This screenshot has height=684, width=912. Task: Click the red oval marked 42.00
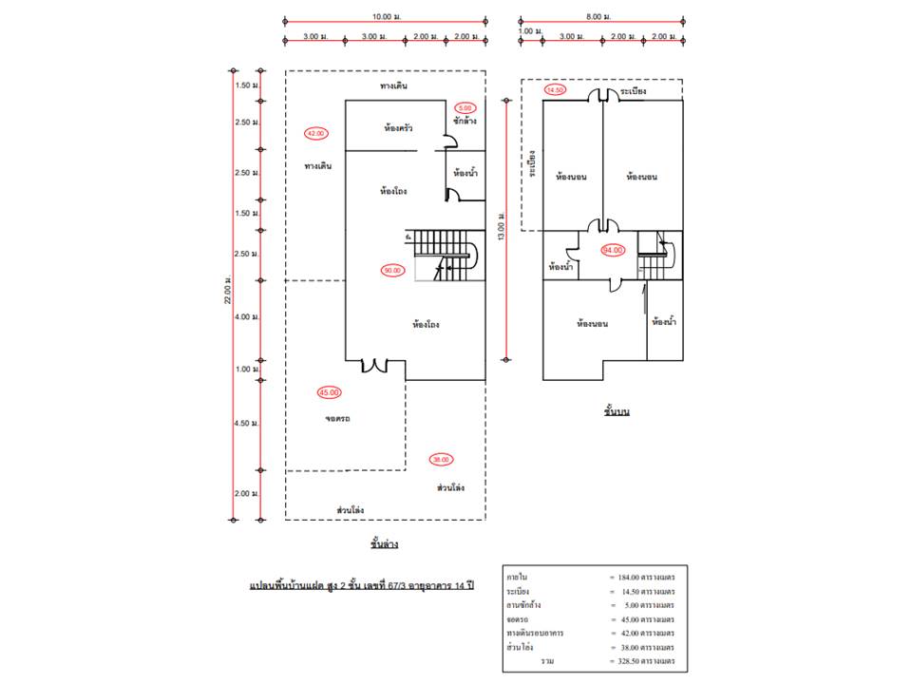point(314,133)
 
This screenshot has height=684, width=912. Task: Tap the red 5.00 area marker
point(465,107)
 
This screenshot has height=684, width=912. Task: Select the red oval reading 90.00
point(391,270)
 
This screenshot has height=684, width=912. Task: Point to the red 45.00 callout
point(329,392)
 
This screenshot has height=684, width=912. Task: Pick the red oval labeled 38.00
point(441,459)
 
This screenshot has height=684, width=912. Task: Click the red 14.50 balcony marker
point(555,90)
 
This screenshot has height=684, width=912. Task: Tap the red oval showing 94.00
point(613,250)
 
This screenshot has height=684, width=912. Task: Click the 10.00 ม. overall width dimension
point(386,16)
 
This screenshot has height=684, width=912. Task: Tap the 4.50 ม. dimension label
point(246,424)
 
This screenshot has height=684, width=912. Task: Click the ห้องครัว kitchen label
point(398,127)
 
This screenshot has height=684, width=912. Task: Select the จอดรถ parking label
point(337,418)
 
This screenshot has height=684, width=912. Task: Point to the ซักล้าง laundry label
point(465,122)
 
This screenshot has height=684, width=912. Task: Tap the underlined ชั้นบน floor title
point(617,412)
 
